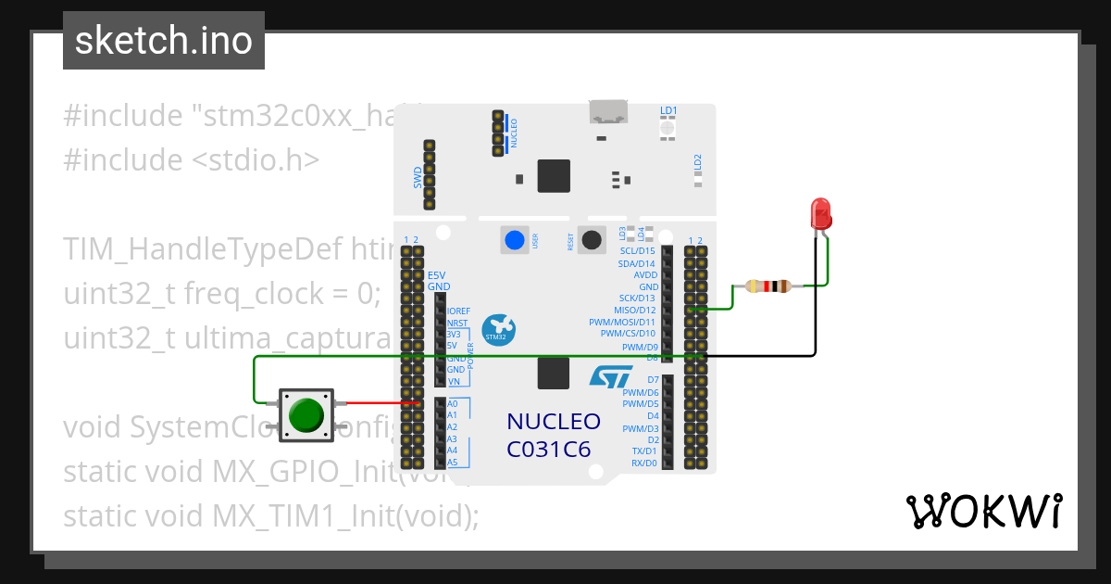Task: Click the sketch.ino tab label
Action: [164, 41]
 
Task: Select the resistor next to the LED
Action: [768, 286]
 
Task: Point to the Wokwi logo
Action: [983, 512]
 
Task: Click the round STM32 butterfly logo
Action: [499, 329]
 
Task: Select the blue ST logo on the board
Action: [611, 376]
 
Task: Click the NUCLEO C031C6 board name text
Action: [554, 435]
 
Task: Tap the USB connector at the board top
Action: [608, 112]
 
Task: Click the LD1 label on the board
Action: [668, 111]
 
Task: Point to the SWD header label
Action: [418, 177]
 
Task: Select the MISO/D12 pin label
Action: [634, 311]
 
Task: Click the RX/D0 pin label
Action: [643, 463]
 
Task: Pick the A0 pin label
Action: [453, 404]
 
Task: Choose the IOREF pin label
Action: [457, 311]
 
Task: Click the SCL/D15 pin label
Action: [637, 251]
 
